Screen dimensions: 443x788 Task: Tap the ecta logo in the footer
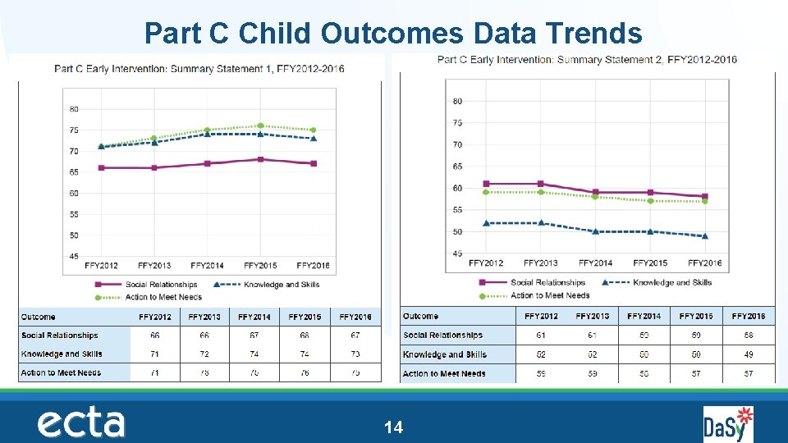tap(80, 423)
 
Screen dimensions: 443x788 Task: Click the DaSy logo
tap(728, 424)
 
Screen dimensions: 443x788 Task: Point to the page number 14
tap(394, 427)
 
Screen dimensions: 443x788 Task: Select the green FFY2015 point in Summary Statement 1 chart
tap(260, 126)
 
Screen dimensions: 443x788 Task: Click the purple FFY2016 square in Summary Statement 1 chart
tap(314, 163)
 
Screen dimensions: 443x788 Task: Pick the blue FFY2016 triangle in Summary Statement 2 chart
tap(704, 236)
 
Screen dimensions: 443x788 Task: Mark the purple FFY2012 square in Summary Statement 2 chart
tap(486, 184)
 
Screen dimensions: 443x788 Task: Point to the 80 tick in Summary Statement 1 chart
tap(74, 109)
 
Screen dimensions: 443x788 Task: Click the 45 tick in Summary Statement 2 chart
tap(456, 253)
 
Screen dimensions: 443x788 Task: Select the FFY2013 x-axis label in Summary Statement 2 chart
tap(540, 263)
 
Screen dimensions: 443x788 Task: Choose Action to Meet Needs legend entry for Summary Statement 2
tap(550, 295)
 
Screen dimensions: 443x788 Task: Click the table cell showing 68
tap(305, 336)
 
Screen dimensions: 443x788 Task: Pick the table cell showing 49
tap(748, 354)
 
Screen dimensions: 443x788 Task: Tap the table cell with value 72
tap(204, 354)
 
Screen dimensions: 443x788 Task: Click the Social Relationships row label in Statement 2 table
tap(442, 336)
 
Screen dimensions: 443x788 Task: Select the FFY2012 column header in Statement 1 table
tap(155, 317)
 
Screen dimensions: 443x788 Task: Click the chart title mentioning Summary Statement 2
tap(587, 59)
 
